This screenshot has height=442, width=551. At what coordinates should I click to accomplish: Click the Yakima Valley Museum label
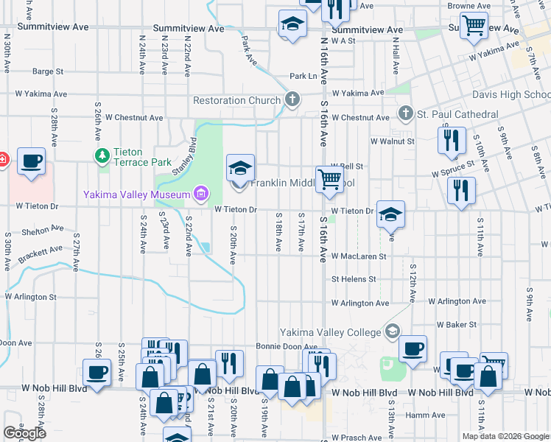pos(136,194)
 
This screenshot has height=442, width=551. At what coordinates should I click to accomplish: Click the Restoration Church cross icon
pos(292,99)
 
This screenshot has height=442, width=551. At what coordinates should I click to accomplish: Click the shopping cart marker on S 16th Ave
pos(329,179)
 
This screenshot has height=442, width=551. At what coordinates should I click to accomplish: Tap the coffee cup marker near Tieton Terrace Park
pos(31,161)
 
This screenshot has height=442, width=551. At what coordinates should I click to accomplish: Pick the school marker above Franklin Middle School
pos(240,167)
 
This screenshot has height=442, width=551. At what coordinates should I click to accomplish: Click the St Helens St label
pos(354,279)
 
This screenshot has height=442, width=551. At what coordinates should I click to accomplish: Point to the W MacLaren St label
pos(359,256)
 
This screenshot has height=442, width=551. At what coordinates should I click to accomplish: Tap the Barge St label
pos(48,71)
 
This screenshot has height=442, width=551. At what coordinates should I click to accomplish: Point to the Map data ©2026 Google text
pos(505,436)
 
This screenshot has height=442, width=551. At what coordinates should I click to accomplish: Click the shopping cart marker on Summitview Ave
pos(474,25)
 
